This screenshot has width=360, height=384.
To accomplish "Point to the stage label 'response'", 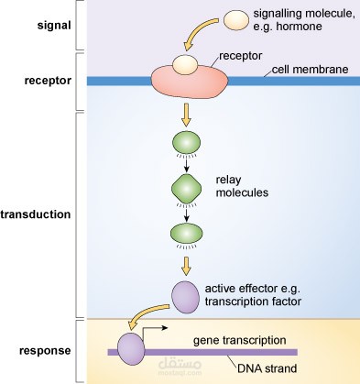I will click(40, 351).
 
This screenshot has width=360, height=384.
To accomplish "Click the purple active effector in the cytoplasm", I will click(186, 295).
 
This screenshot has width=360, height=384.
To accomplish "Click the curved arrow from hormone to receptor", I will click(202, 35).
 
